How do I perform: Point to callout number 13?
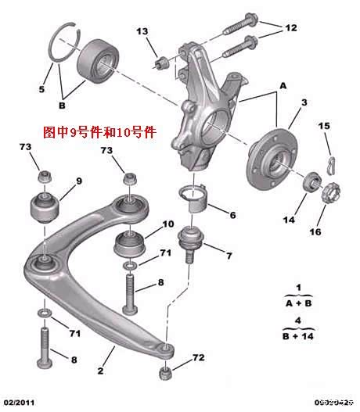click(142, 31)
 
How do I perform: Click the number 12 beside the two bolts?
click(290, 28)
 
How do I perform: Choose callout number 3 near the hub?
click(303, 102)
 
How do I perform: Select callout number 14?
click(290, 220)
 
